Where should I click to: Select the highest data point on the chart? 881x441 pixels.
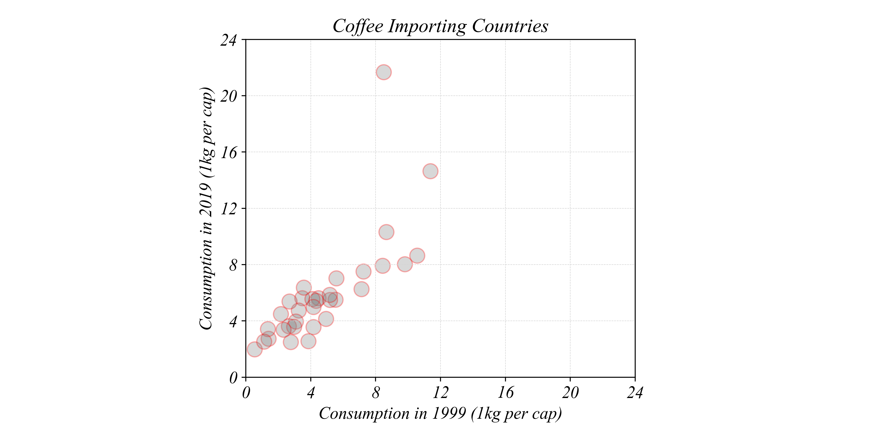point(384,72)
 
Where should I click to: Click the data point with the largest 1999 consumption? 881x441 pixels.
point(430,171)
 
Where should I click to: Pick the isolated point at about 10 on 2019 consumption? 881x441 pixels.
point(386,232)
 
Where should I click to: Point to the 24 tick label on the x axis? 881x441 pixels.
point(635,392)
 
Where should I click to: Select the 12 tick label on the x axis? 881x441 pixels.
point(440,392)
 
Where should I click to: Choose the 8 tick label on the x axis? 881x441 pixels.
point(376,392)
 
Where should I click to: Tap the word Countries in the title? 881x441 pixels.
point(510,26)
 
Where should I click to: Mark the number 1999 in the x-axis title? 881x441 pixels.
point(449,414)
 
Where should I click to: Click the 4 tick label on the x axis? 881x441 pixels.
point(311,392)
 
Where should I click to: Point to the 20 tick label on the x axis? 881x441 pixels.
point(570,392)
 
